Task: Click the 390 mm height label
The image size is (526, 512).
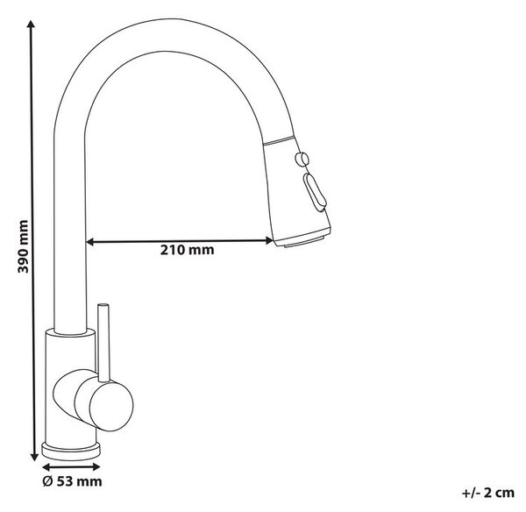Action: point(23,246)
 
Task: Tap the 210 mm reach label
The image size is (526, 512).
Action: point(187,250)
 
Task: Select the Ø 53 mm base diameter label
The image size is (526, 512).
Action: point(72,481)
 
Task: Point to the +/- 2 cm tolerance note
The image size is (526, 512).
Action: point(487,493)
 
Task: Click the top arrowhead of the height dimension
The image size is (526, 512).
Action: point(32,25)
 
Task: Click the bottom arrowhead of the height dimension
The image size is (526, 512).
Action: point(34,456)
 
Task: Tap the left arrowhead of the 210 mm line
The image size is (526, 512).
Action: point(90,242)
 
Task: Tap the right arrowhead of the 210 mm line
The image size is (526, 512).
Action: point(269,240)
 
